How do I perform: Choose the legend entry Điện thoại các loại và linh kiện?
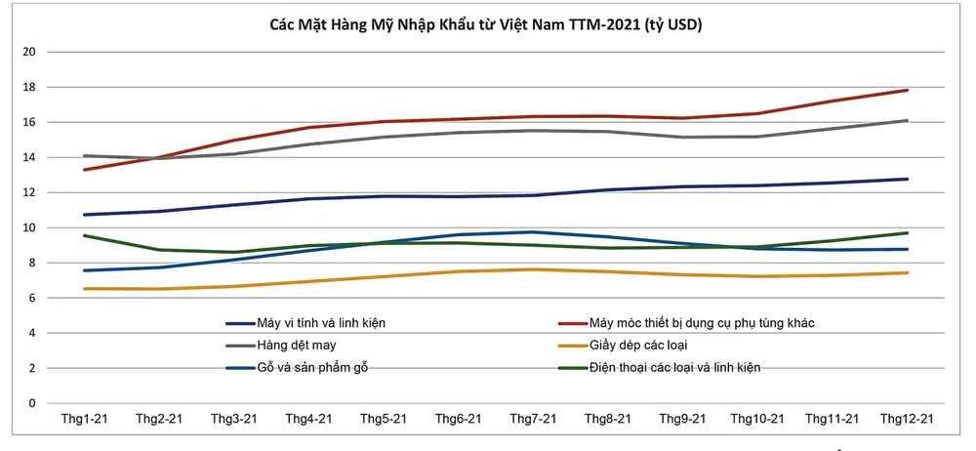point(674,368)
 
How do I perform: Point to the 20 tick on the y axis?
point(29,52)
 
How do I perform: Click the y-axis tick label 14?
point(29,157)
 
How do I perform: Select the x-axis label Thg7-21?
point(533,419)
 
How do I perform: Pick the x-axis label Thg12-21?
point(908,419)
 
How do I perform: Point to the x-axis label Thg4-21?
point(308,419)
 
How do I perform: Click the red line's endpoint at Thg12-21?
point(908,90)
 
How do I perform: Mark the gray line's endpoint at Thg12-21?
point(908,120)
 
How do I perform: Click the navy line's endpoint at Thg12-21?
point(908,179)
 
